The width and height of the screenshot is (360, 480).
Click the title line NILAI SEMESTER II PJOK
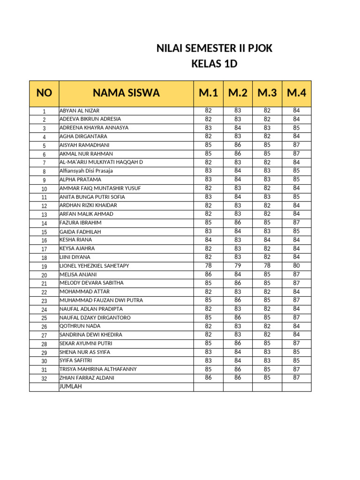[x=214, y=48]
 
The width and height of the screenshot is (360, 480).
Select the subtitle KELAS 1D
[x=214, y=64]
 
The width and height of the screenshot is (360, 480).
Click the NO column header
[x=44, y=93]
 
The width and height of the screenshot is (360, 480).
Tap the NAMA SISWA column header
[x=126, y=93]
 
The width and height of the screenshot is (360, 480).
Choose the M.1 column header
[x=209, y=93]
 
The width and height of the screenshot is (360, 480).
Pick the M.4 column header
[x=296, y=93]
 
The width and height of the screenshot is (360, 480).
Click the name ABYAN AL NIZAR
[x=79, y=111]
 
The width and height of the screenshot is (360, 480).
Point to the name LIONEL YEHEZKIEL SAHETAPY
[x=94, y=266]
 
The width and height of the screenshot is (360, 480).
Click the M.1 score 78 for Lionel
[x=209, y=265]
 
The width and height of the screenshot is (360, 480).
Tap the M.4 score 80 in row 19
[x=296, y=265]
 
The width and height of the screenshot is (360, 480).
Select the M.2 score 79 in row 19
[x=238, y=265]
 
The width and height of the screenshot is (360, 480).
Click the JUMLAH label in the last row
[x=71, y=386]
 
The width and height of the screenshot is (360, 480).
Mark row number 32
[x=44, y=378]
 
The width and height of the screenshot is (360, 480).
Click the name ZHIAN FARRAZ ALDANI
[x=87, y=378]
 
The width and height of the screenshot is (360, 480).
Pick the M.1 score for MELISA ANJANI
[x=209, y=274]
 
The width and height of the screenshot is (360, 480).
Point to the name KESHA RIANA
[x=75, y=240]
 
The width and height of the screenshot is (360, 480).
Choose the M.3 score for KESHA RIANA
[x=267, y=240]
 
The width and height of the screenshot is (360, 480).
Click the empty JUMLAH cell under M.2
[x=238, y=387]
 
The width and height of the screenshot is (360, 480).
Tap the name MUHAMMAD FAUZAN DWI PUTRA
[x=101, y=300]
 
